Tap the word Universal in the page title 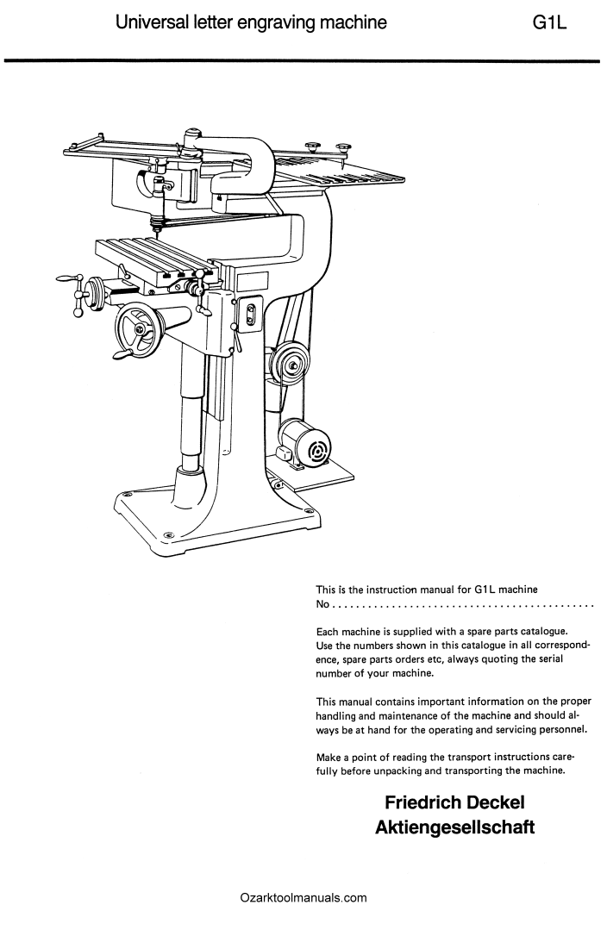pyautogui.click(x=153, y=22)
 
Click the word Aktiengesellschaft pyautogui.click(x=455, y=827)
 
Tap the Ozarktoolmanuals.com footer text pyautogui.click(x=303, y=897)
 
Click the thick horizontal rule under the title pyautogui.click(x=302, y=59)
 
